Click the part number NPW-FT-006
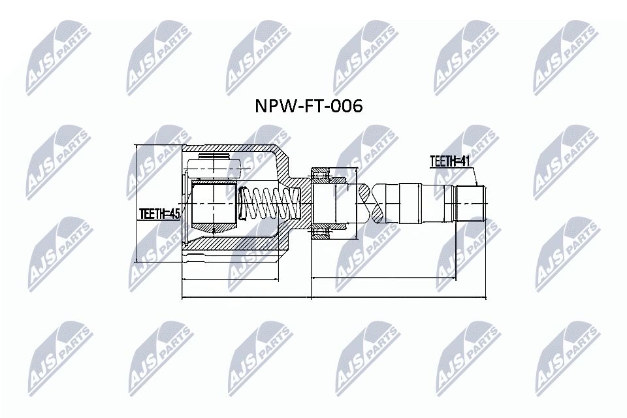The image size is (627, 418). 307,106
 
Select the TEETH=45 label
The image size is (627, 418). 159,214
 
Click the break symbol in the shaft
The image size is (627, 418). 369,202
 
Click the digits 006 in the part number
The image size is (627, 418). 346,106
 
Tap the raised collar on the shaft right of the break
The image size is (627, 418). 408,202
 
